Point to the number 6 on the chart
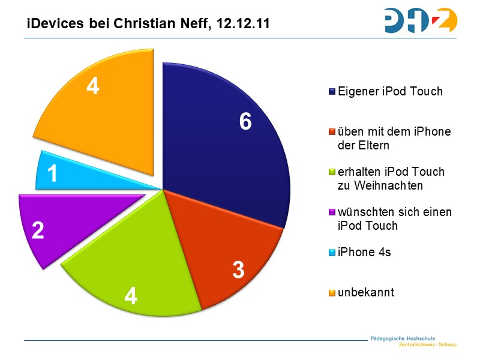pos(245,122)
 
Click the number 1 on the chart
pos(53,175)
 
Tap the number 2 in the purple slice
pos(38,230)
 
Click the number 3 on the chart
pos(238,271)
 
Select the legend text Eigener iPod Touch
pos(390,92)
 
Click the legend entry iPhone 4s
pos(364,252)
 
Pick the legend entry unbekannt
pos(366,292)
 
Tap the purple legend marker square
pos(332,213)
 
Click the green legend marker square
pos(332,172)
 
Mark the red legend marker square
pos(332,132)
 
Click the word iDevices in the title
pos(51,25)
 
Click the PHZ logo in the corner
pos(420,20)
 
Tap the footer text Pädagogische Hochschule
pos(403,338)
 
